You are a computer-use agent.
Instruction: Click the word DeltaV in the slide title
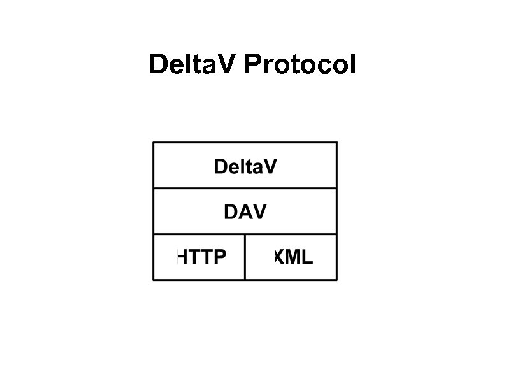pyautogui.click(x=193, y=64)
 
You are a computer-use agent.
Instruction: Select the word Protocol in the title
pyautogui.click(x=300, y=64)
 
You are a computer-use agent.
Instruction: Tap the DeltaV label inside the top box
pyautogui.click(x=245, y=167)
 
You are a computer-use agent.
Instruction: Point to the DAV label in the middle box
pyautogui.click(x=245, y=212)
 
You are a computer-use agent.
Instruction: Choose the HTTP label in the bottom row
pyautogui.click(x=201, y=257)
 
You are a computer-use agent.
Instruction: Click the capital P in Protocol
pyautogui.click(x=251, y=64)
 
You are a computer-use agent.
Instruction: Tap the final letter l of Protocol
pyautogui.click(x=352, y=64)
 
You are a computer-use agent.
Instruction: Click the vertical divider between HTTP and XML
pyautogui.click(x=245, y=257)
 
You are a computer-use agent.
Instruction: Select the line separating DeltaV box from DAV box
pyautogui.click(x=245, y=188)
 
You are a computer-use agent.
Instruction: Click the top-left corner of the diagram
pyautogui.click(x=154, y=143)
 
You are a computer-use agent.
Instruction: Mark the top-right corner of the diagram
pyautogui.click(x=336, y=143)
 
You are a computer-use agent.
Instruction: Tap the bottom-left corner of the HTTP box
pyautogui.click(x=154, y=280)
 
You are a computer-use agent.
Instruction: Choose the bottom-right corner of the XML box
pyautogui.click(x=336, y=280)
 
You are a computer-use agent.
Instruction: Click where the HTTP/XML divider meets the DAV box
pyautogui.click(x=245, y=234)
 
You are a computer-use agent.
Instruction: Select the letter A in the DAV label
pyautogui.click(x=245, y=212)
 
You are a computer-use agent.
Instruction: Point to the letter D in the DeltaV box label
pyautogui.click(x=220, y=167)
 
